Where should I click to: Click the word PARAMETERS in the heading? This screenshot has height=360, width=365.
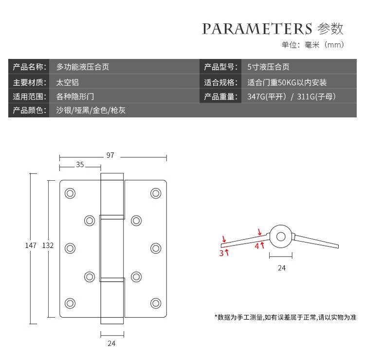coord(257,28)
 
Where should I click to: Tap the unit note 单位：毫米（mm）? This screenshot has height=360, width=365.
coord(313,45)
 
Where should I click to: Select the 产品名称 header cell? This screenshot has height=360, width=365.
coord(29,67)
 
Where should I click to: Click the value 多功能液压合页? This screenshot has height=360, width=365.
coord(83,67)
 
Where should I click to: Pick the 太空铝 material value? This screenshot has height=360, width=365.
coord(67,82)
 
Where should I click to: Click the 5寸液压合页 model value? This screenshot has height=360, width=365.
coord(269,67)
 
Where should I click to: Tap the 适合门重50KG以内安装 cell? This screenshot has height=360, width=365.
coord(287,82)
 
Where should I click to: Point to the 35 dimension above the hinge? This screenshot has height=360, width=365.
coord(80,165)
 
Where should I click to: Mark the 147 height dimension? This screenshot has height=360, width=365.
coord(31,246)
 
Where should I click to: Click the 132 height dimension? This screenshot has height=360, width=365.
coord(48,246)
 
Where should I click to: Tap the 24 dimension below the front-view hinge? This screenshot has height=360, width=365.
coord(111,343)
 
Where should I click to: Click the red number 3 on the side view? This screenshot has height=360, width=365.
coord(221,253)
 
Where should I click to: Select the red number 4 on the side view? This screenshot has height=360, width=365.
coord(257,246)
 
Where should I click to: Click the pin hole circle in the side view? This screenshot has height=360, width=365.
coord(281,236)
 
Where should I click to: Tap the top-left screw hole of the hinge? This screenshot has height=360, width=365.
coord(70,193)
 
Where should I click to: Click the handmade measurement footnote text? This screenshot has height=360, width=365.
coord(286,317)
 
